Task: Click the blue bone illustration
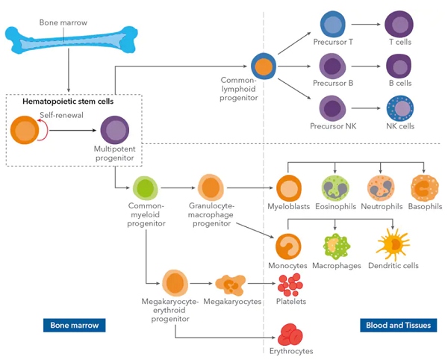coord(72,40)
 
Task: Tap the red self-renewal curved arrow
coord(45,130)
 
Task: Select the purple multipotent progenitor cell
coord(115,130)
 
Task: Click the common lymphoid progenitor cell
coord(264,66)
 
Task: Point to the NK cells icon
coord(400,108)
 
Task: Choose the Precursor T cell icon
coord(333,25)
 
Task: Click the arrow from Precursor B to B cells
coord(366,66)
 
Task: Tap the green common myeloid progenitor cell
coord(145,188)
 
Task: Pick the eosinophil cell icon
coord(335,188)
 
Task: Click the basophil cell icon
coord(425,188)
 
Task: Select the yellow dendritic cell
coord(393,244)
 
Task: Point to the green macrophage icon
coord(336,246)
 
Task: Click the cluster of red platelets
coord(290,285)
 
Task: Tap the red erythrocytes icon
coord(290,335)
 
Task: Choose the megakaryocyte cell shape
coord(231,285)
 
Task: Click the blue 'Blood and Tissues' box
coord(398,325)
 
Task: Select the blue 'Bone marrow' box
coord(74,325)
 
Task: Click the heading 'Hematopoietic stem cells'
coord(68,102)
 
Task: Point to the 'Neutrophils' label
coord(382,206)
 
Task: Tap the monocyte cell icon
coord(288,246)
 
